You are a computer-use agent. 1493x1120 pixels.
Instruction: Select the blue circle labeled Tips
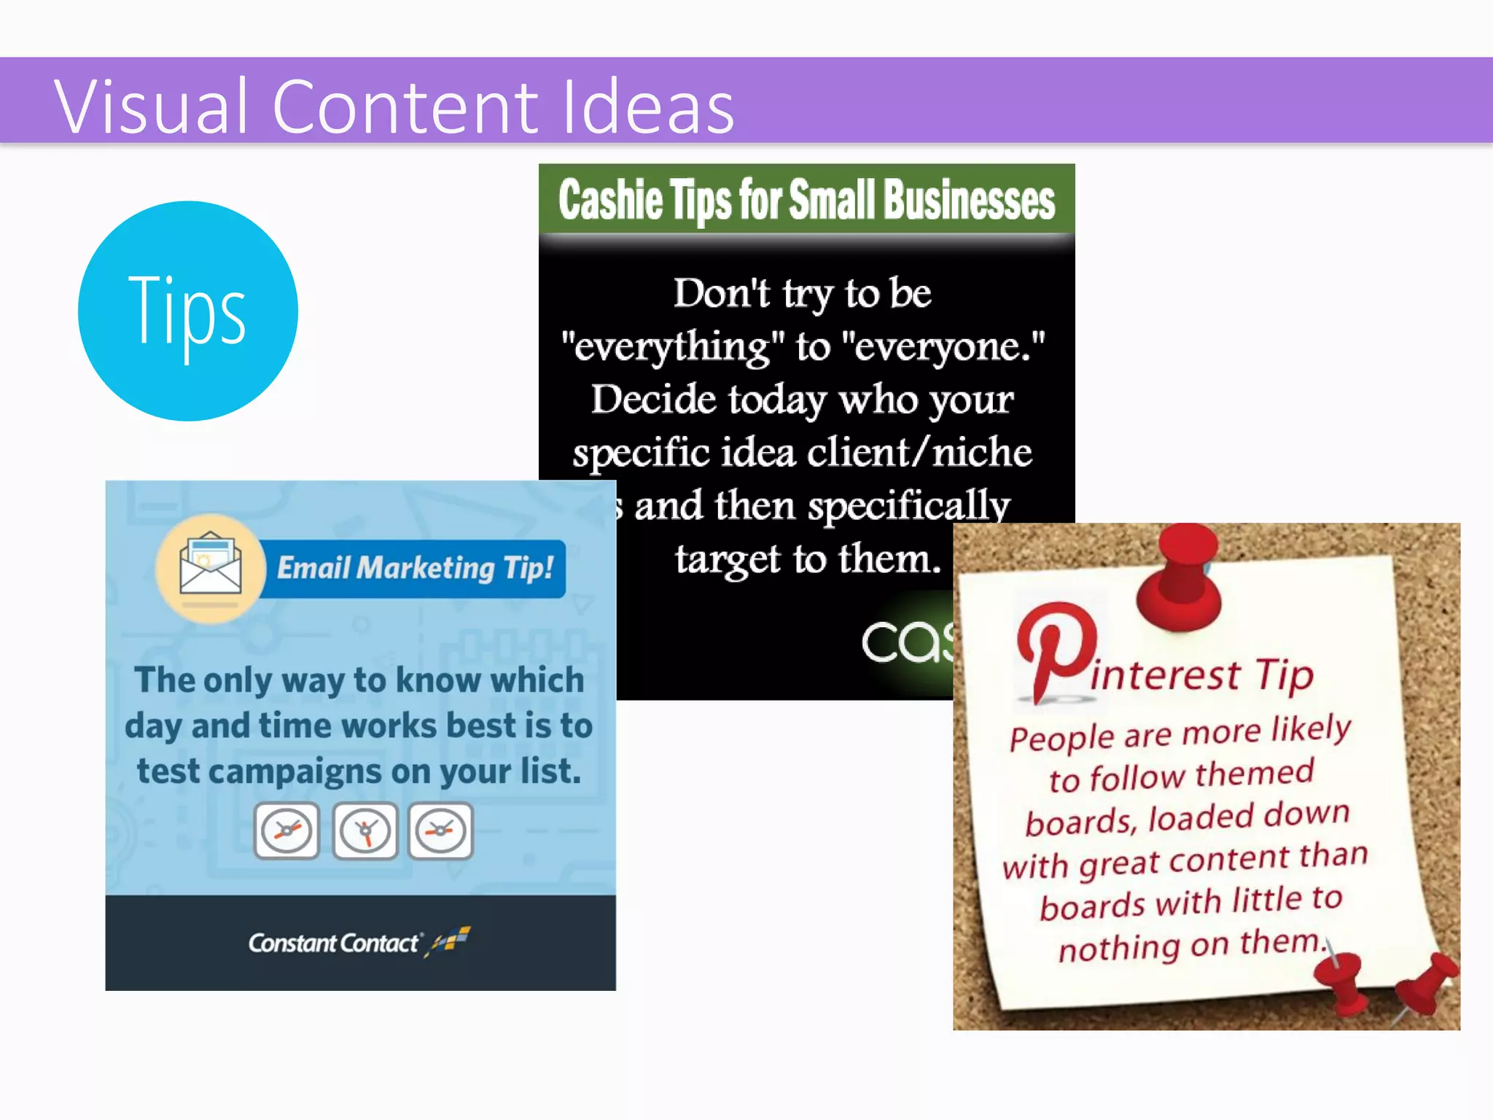188,311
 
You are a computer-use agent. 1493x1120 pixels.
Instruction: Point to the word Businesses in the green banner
970,200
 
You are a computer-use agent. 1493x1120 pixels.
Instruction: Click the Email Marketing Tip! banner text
415,568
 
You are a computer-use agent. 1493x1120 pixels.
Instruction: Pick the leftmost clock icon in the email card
286,831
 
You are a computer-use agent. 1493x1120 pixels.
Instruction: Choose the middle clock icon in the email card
365,831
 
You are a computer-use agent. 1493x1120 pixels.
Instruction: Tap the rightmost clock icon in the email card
440,831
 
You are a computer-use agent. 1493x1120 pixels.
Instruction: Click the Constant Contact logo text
335,943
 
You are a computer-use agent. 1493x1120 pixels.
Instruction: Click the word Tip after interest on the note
1285,674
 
